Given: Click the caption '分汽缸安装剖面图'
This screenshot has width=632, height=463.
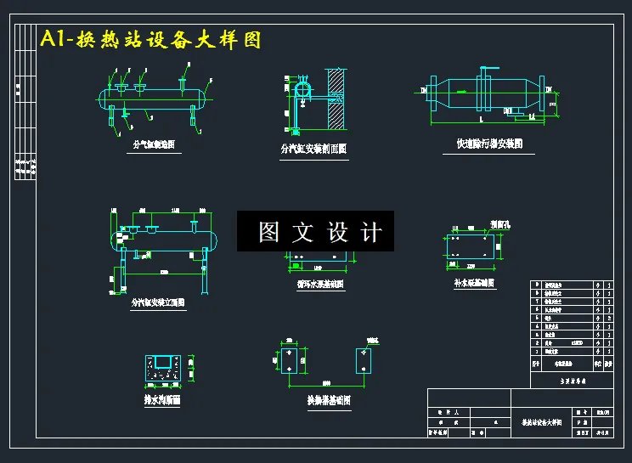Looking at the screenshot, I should pos(313,149).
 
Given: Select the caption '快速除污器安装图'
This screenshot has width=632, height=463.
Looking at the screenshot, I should pos(483,144).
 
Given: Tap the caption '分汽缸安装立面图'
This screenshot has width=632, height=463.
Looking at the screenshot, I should pos(158,302).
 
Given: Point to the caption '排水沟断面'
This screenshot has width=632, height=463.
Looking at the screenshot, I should pos(162,398).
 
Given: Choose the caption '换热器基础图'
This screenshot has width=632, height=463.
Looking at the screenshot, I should pos(329,400).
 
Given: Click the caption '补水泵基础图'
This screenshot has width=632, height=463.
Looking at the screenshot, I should pos(474,283).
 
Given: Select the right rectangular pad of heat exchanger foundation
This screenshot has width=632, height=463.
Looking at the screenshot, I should pos(363,360).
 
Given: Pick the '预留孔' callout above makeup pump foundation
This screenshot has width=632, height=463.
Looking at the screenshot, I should pos(501,224).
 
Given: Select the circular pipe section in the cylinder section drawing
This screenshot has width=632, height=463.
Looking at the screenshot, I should pos(302,89).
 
